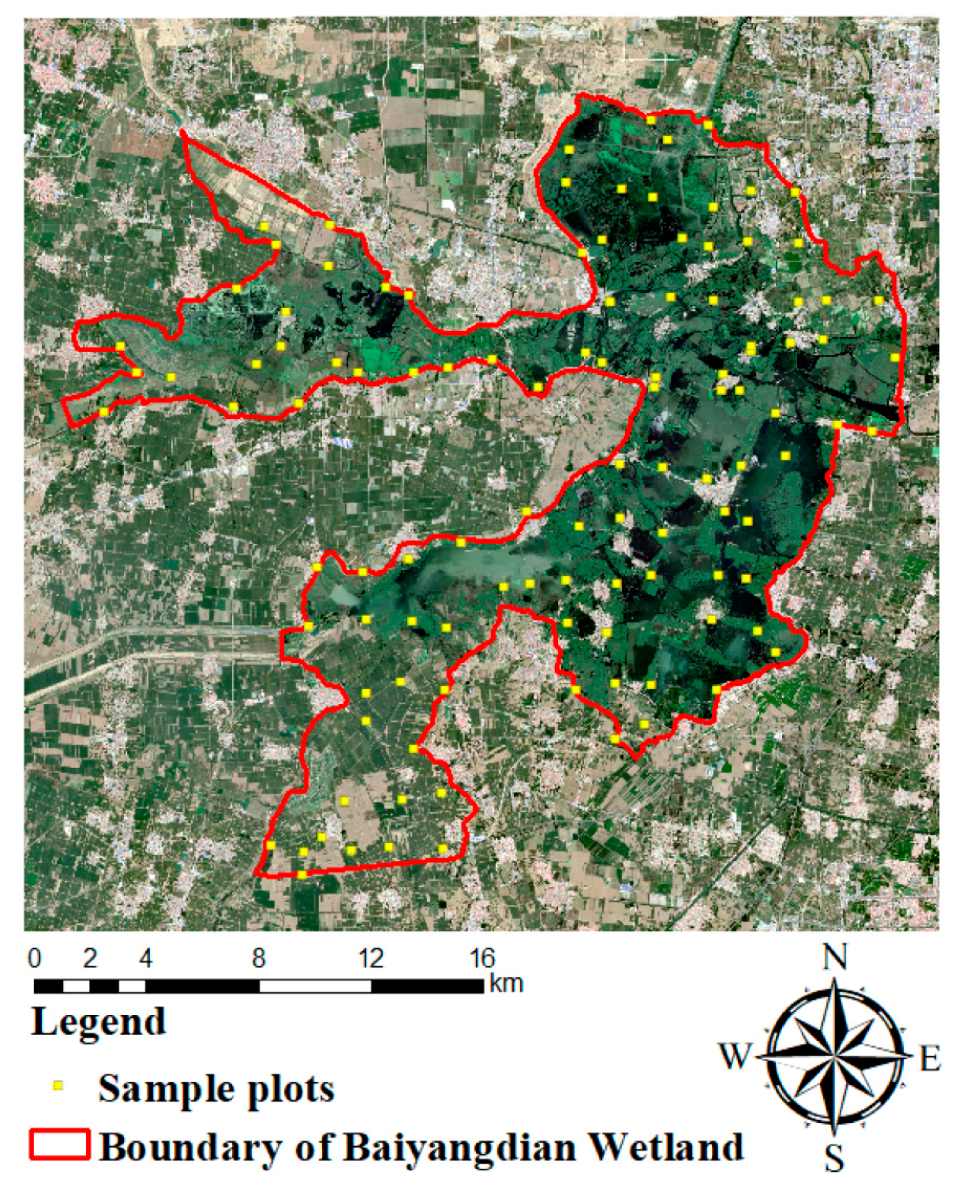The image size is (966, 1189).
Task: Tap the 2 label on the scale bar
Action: pos(90,959)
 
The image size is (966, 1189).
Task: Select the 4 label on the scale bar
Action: pos(146,959)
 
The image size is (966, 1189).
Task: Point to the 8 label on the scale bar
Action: pos(259,959)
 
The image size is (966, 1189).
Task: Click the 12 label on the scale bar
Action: pos(371,959)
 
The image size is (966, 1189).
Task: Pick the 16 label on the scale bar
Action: pos(483,959)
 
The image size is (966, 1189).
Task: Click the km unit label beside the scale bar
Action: pos(506,984)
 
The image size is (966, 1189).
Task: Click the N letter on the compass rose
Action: pos(834,959)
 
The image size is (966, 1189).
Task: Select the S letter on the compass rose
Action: pos(834,1158)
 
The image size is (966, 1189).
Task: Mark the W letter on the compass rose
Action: pos(736,1056)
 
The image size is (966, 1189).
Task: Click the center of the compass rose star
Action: pos(834,1057)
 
